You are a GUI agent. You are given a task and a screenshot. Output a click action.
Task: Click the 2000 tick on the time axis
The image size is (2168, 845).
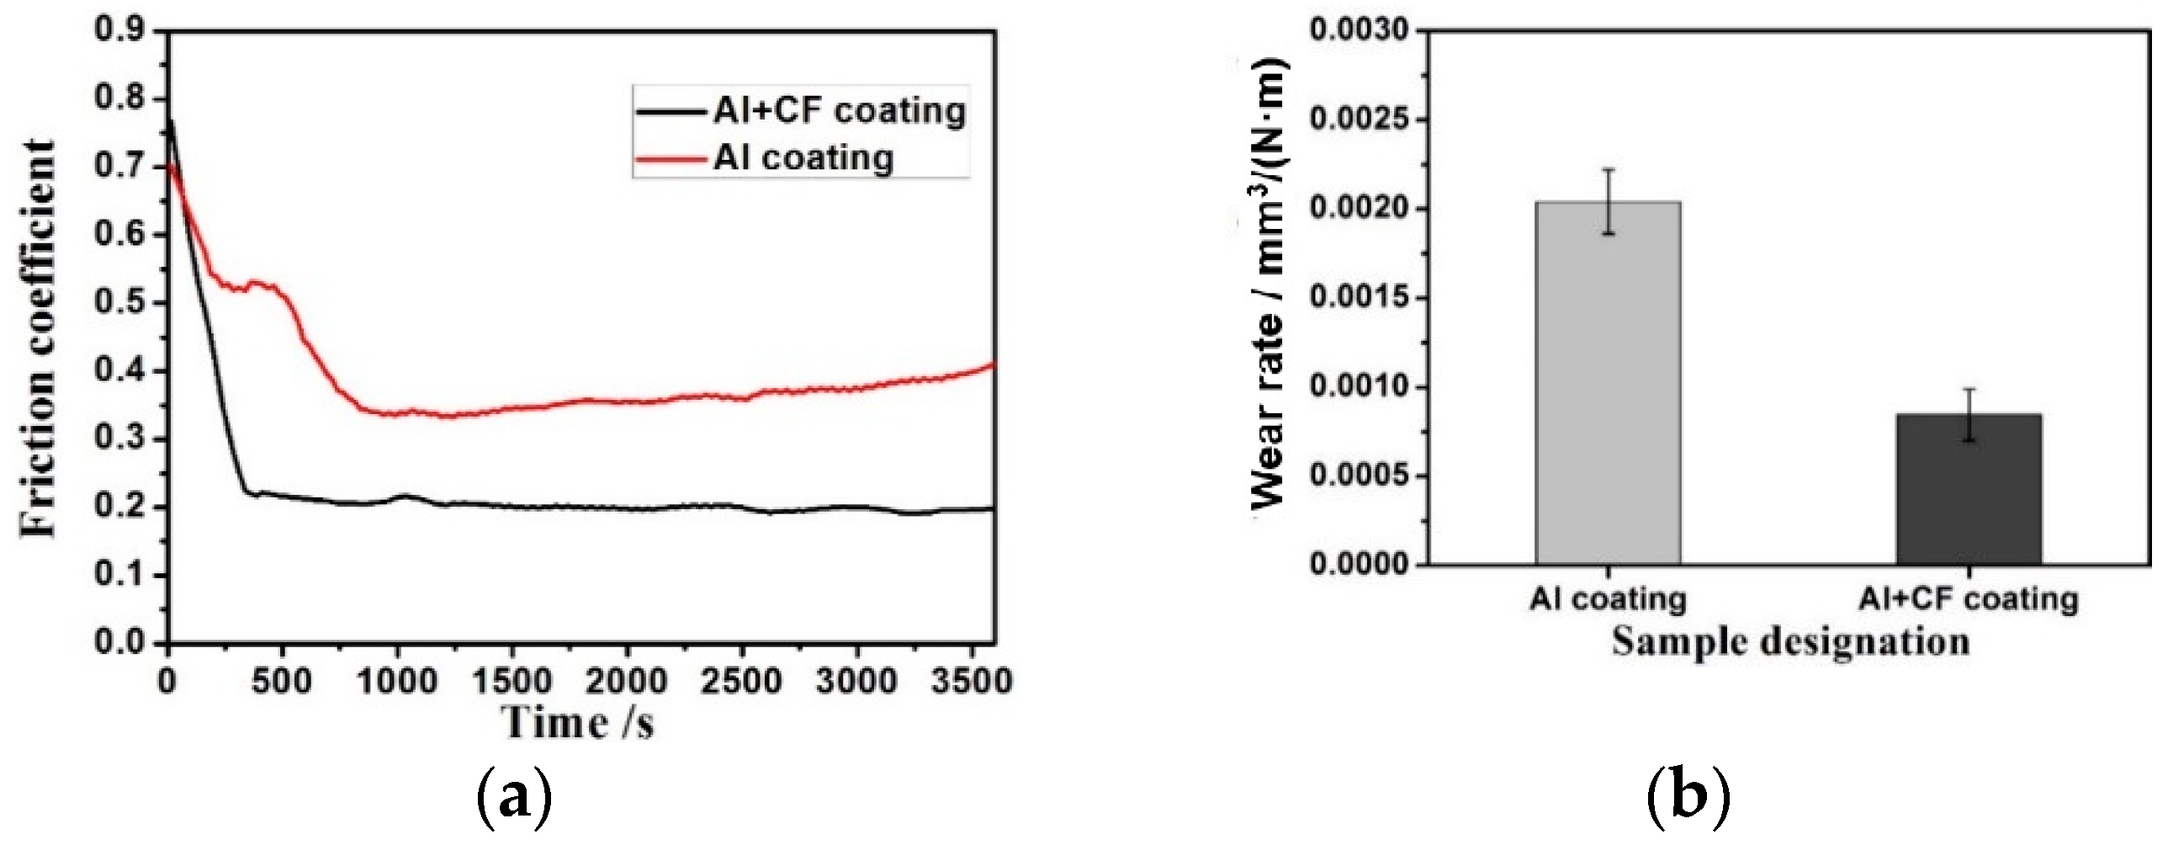626,680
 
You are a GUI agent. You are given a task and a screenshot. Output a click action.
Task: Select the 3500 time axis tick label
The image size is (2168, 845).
971,680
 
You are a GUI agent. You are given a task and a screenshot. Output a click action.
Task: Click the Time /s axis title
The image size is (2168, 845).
578,722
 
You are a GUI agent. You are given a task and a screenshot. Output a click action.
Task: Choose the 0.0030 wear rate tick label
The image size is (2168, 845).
1360,31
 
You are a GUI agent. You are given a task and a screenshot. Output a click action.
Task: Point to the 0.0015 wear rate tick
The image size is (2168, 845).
1360,299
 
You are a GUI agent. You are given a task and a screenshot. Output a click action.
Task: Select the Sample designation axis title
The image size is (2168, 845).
1790,641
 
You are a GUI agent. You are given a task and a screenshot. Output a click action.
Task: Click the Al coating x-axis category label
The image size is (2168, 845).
1608,599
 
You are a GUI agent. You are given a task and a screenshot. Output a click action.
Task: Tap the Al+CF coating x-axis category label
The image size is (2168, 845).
1969,599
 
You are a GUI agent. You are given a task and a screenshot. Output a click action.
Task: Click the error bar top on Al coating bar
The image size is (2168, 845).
1608,170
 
